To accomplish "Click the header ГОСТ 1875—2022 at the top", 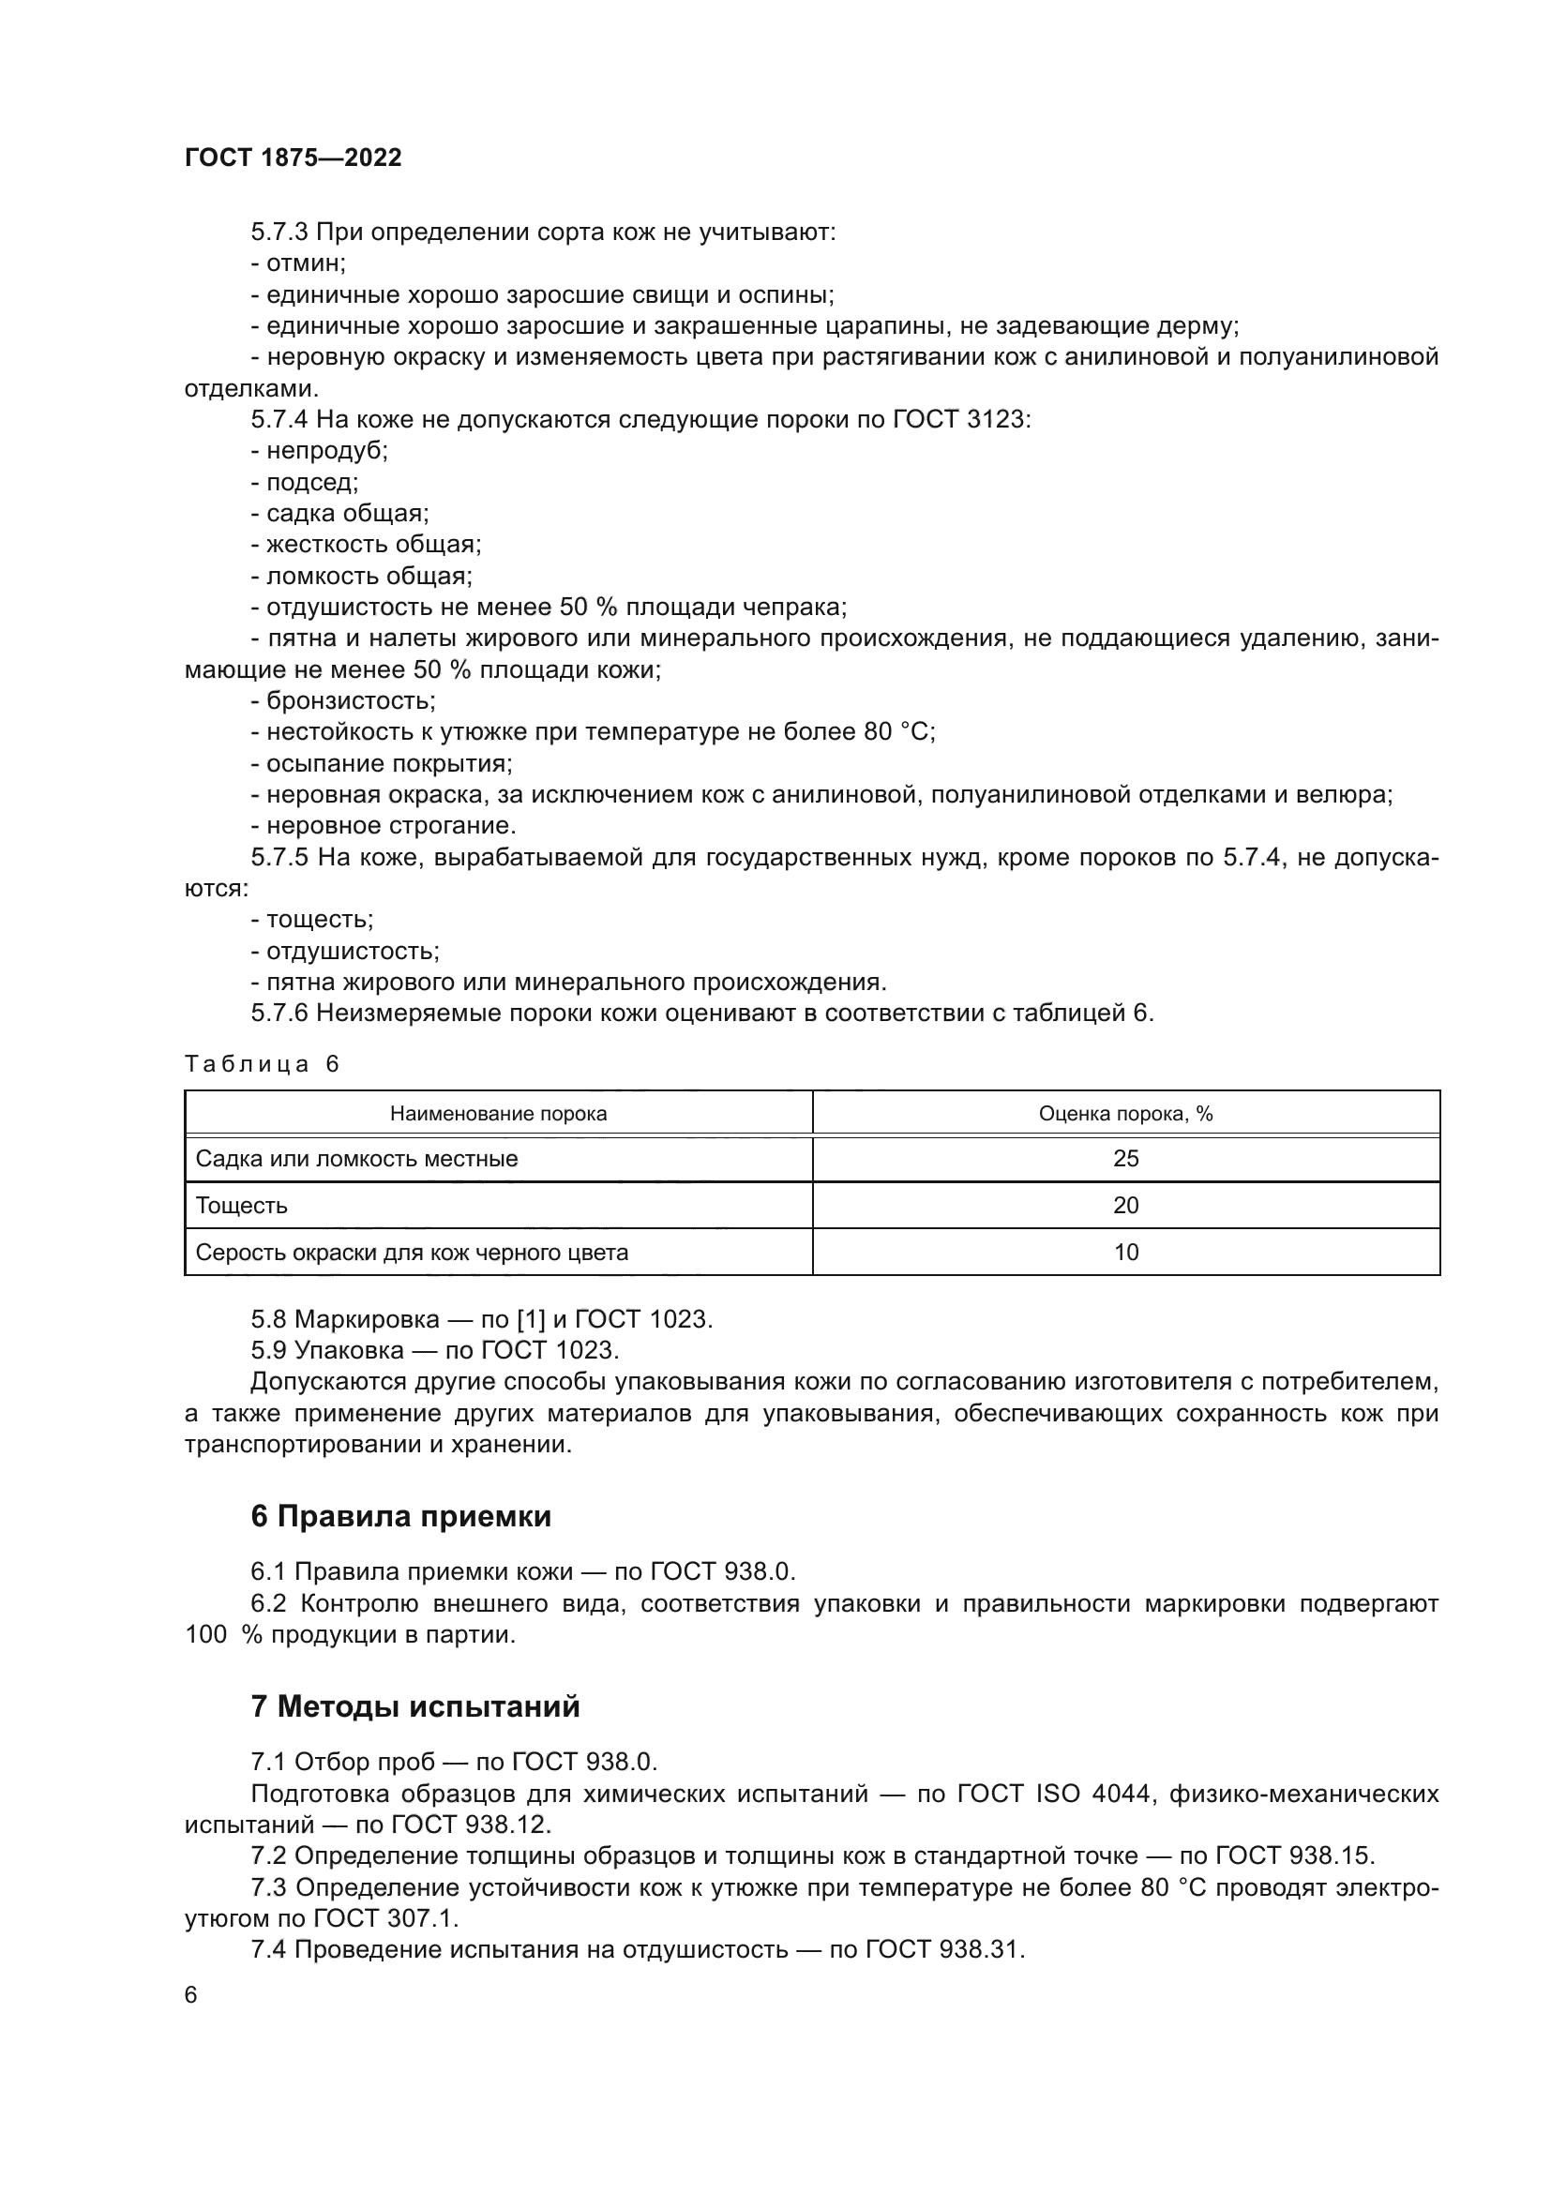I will [x=294, y=158].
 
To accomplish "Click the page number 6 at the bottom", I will [x=191, y=1995].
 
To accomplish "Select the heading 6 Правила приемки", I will [x=401, y=1516].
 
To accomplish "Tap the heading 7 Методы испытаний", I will [x=415, y=1705].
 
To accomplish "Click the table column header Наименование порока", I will [x=498, y=1114].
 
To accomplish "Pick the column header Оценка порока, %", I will [x=1125, y=1114].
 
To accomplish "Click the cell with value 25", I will [x=1125, y=1159].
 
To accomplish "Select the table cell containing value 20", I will [x=1125, y=1206].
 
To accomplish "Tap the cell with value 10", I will [x=1125, y=1253].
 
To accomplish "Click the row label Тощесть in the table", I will [x=242, y=1206].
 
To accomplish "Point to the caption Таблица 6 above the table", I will [x=262, y=1064].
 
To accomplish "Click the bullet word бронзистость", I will [x=350, y=701].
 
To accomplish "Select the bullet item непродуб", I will [x=325, y=451].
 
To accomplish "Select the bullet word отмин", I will [x=304, y=263].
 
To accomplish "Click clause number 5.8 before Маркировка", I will [x=268, y=1319].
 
